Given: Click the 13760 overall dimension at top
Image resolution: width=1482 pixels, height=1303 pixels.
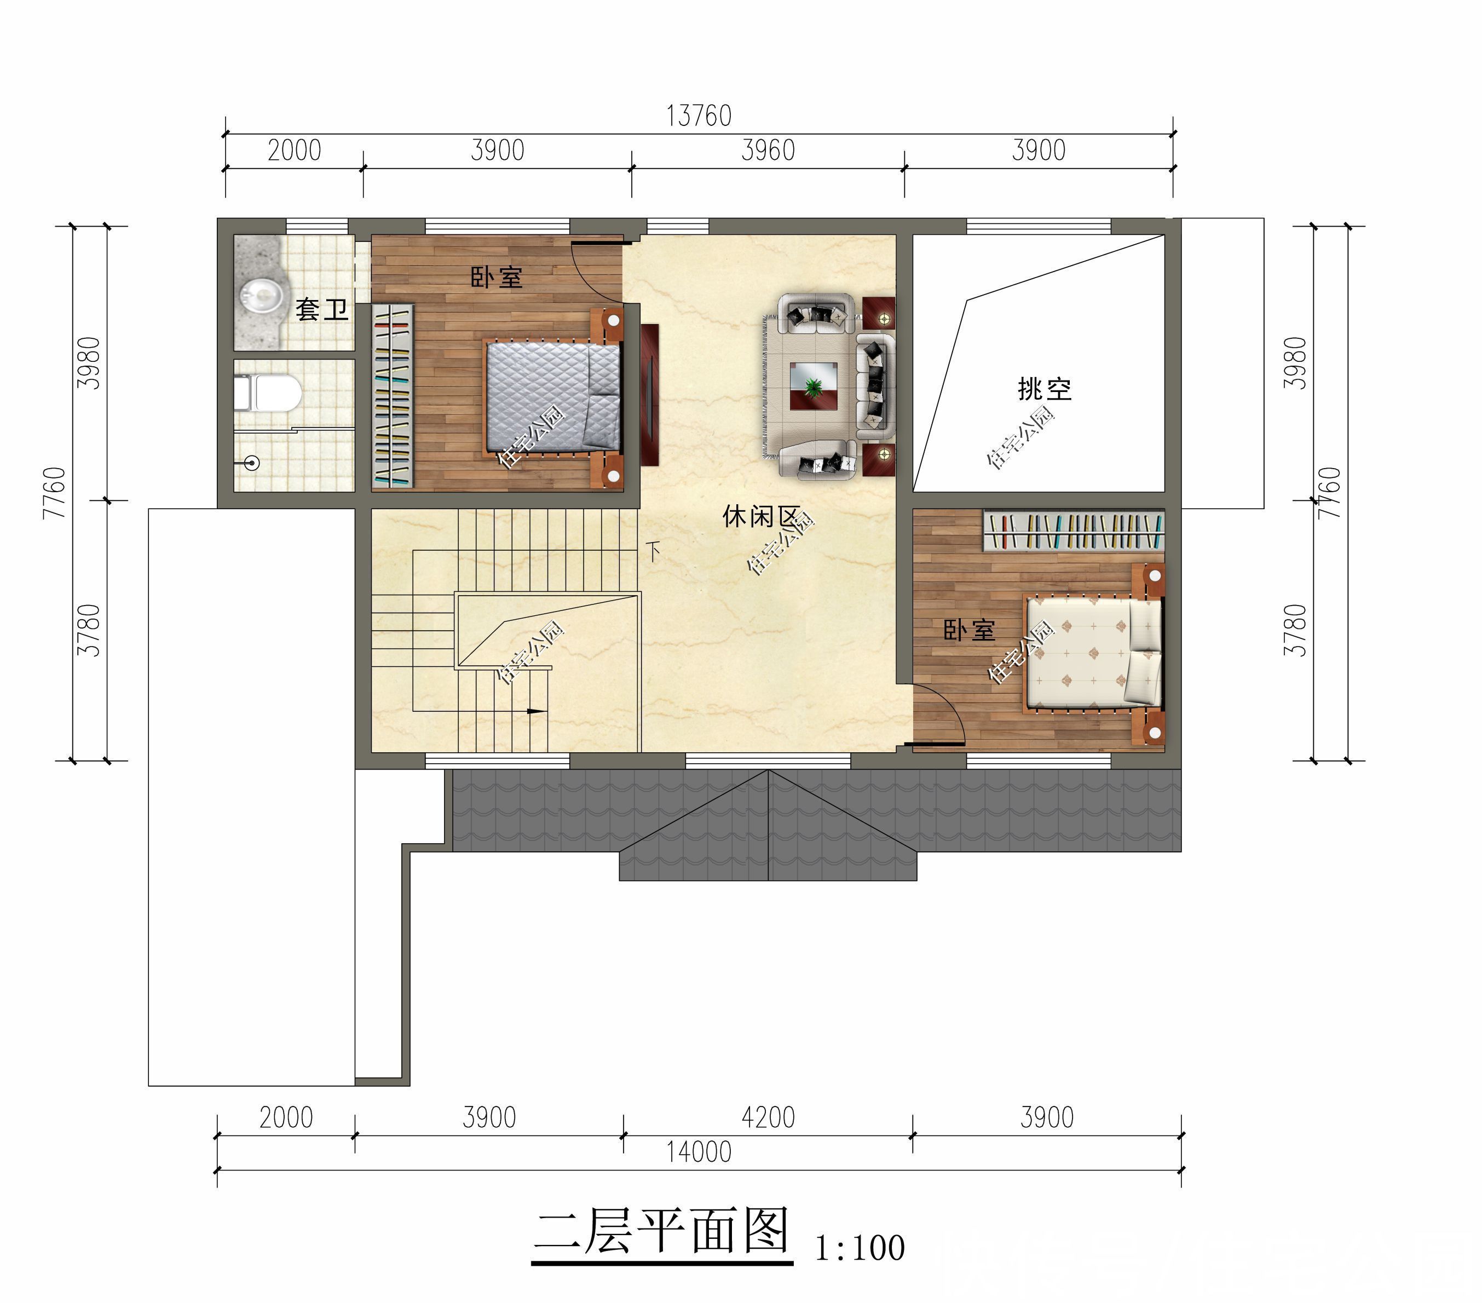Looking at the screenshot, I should [698, 116].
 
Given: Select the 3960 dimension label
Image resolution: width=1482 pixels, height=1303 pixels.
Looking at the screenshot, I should [768, 151].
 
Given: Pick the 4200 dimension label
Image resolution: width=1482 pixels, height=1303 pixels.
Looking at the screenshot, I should [768, 1117].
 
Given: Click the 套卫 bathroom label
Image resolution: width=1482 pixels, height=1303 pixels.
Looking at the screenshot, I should [321, 310].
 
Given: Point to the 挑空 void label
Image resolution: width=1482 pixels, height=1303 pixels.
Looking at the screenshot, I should [1044, 389].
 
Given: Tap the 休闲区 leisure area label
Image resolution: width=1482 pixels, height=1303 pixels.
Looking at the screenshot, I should [760, 517].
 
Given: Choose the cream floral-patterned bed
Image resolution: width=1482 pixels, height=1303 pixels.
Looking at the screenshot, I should [1091, 653].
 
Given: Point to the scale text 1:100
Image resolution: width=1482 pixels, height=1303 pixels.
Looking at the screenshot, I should [860, 1248].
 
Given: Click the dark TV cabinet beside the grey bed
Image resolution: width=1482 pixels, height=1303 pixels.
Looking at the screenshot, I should [650, 394].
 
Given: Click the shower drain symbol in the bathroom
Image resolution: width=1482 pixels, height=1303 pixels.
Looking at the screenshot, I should [252, 462].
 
